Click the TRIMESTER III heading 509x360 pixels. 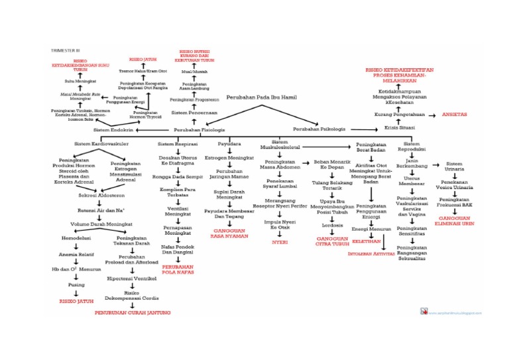click(x=65, y=50)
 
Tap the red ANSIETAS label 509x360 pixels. click(x=455, y=115)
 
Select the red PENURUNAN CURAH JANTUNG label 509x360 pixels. click(x=132, y=312)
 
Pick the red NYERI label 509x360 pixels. click(x=280, y=242)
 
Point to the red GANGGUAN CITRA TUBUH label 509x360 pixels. click(x=332, y=241)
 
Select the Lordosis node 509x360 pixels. click(x=331, y=225)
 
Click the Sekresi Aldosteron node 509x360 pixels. click(x=97, y=196)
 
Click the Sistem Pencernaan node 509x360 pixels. click(x=194, y=113)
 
